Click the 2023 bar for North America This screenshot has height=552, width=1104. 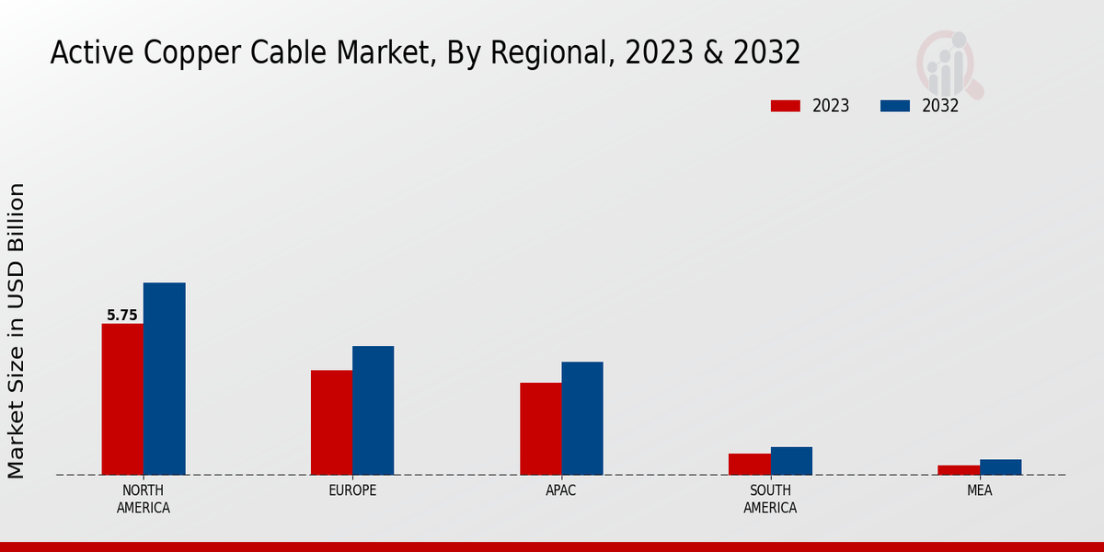point(122,399)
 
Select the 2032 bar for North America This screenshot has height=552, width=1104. point(164,379)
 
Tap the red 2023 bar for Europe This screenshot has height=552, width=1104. point(331,422)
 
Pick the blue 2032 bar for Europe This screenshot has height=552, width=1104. point(373,410)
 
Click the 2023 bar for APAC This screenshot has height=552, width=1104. point(540,429)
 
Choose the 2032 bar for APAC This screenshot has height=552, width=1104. point(582,419)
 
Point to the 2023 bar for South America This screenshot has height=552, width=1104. point(749,464)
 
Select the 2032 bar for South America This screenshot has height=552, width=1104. point(791,461)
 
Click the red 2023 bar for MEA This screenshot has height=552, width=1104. point(959,470)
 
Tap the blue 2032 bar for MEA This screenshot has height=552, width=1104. point(1000,467)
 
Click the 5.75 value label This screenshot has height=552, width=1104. point(122,316)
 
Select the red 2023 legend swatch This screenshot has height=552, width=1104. point(786,106)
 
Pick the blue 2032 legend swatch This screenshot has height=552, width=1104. point(895,106)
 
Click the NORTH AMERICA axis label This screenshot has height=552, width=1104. point(143,499)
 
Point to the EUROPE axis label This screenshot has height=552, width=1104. point(352,490)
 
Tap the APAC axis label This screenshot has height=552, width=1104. point(561,490)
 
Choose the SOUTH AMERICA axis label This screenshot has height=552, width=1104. point(770,499)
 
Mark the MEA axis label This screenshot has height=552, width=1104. point(979,490)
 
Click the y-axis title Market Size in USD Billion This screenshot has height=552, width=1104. point(17,330)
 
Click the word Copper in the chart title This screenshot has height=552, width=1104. point(182,53)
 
